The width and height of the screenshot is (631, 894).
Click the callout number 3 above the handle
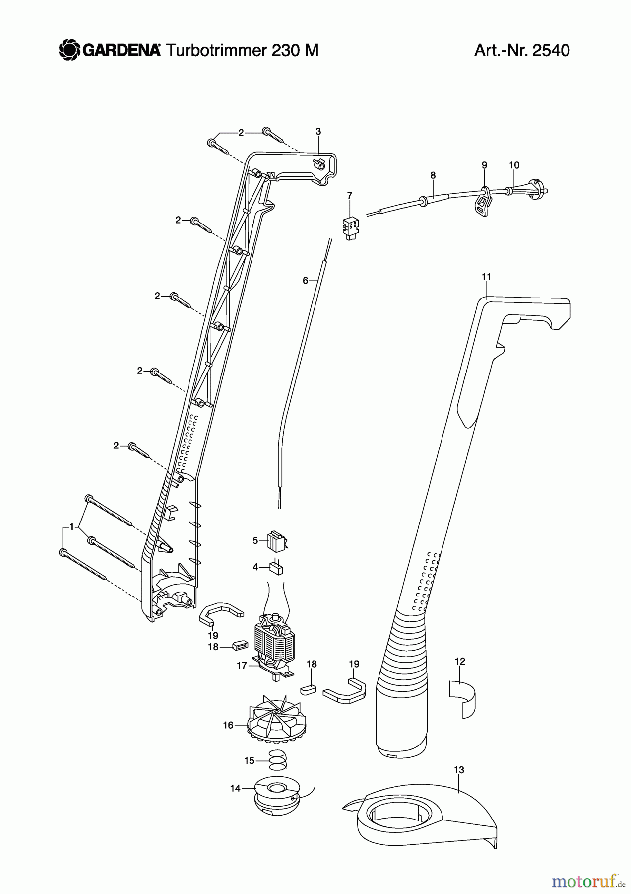318,132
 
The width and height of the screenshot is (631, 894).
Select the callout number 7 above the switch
350,195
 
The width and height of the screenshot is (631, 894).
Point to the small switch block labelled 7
352,227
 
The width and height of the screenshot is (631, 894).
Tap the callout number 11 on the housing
486,277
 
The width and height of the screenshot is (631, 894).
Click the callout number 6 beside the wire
306,281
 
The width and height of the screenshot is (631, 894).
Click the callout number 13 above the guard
459,770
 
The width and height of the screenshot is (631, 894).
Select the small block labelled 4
276,568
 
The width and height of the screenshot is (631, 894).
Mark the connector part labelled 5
277,540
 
